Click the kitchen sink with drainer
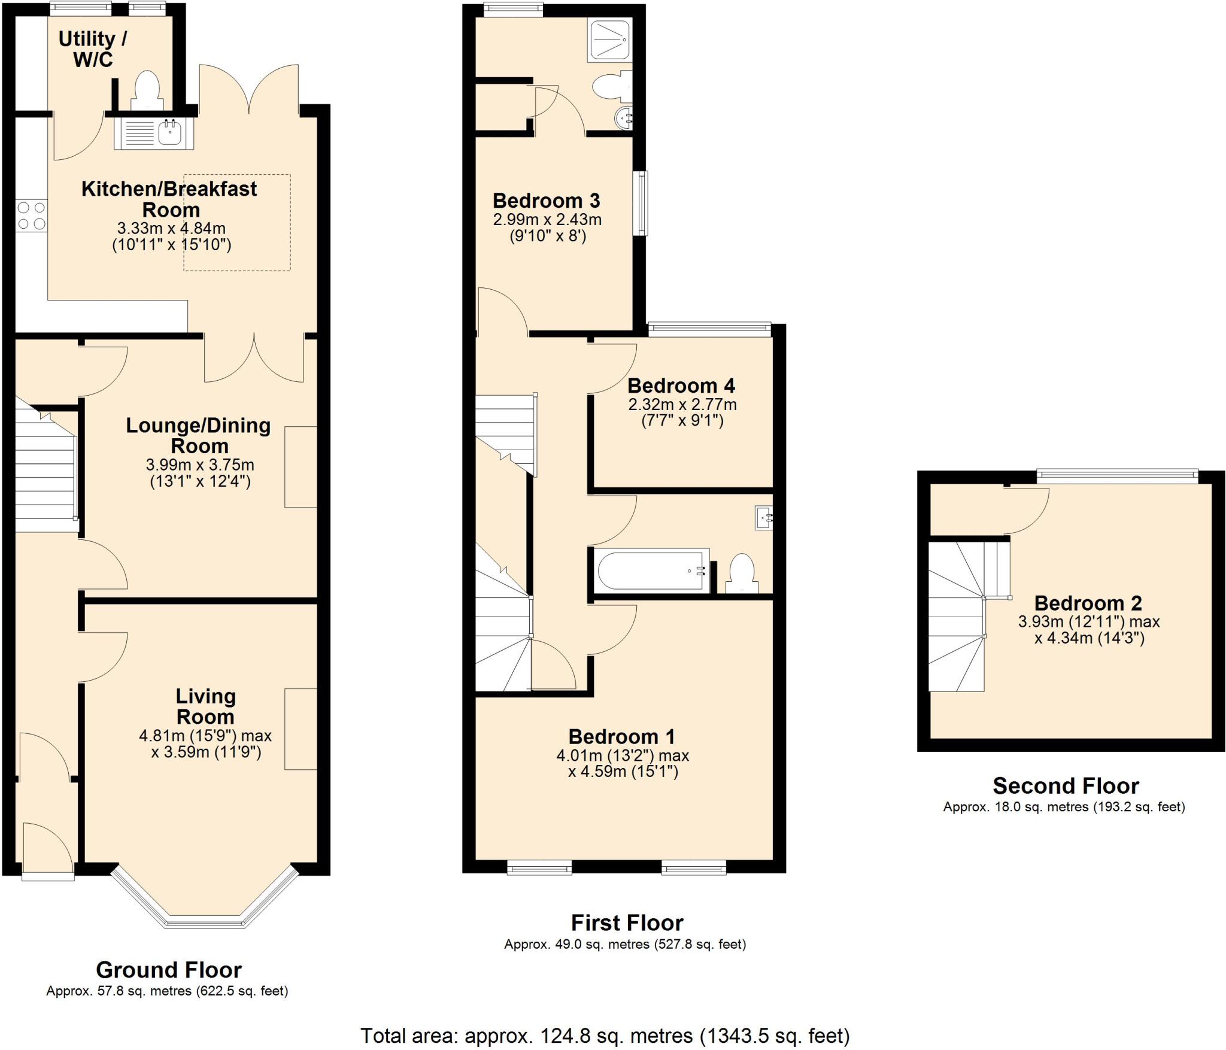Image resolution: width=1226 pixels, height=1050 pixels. click(x=153, y=133)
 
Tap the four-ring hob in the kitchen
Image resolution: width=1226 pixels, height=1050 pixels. click(x=31, y=216)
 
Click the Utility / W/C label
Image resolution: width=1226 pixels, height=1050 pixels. click(x=93, y=49)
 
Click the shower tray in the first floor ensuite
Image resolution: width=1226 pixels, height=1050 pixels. click(x=609, y=40)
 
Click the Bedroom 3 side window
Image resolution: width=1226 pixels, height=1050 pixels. click(x=641, y=203)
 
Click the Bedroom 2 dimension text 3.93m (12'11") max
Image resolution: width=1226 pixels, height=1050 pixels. click(x=1089, y=622)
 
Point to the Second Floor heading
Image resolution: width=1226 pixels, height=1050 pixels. click(x=1066, y=785)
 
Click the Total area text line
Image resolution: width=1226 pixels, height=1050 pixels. click(x=605, y=1035)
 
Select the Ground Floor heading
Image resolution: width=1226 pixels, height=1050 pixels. click(x=169, y=969)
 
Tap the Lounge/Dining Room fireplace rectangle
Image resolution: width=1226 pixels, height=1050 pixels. click(x=301, y=467)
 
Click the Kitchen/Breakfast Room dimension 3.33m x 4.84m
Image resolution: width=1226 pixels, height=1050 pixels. click(x=171, y=228)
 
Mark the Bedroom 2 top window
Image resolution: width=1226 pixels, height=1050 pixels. click(x=1117, y=476)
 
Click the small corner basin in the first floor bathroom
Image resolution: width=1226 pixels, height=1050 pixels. click(x=764, y=518)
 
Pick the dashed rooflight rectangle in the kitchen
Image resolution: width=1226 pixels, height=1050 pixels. click(x=237, y=223)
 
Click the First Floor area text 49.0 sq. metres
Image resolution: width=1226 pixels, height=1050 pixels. click(x=625, y=945)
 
